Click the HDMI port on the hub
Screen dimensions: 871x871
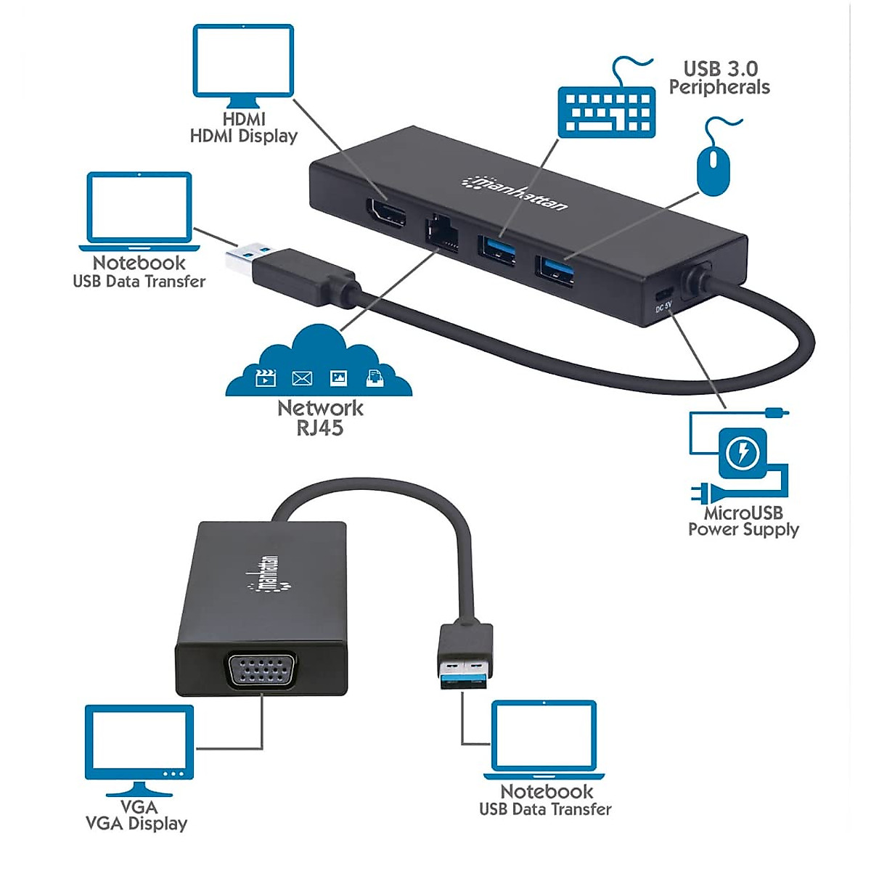385,216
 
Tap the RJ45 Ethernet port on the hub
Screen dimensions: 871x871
441,233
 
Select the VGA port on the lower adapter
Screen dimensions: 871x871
262,673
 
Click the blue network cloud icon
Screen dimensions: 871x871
319,361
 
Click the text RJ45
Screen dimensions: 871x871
319,428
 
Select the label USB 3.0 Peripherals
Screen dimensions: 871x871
719,78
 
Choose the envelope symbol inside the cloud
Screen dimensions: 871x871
302,378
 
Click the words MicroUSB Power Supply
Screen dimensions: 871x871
743,521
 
